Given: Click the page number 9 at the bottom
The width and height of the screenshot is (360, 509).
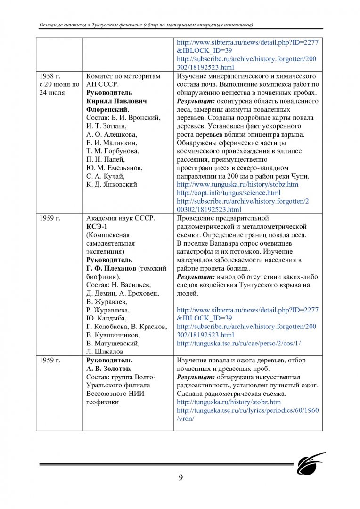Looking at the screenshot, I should (180, 477).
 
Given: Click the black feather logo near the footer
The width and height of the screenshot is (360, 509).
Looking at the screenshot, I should (311, 463).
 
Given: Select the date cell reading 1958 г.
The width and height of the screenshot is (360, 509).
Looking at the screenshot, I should (50, 76).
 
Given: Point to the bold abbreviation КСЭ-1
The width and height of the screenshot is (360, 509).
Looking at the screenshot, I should (97, 226).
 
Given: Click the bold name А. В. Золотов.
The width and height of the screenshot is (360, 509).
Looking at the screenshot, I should (109, 369).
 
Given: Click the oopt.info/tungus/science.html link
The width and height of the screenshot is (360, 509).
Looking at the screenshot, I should (228, 193).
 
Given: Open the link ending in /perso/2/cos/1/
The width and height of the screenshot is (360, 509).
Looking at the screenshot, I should (238, 344).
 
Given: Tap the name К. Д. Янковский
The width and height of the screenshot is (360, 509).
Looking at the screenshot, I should (112, 184).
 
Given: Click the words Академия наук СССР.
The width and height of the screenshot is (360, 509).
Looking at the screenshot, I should (121, 218).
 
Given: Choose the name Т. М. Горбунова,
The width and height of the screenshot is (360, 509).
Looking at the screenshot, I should (113, 151).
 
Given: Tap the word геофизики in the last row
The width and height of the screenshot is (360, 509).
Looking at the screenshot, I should (102, 402).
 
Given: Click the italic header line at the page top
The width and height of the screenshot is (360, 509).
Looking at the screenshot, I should (147, 25).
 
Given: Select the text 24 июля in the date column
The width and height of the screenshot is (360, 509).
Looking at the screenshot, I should (52, 92).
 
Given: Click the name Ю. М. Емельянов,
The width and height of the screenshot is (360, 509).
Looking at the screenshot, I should (115, 168).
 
